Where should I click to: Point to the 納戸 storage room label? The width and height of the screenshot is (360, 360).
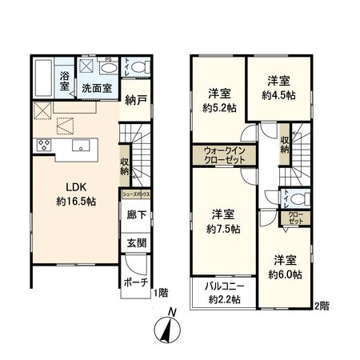[x=135, y=100]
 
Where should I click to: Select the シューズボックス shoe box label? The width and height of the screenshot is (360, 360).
[x=136, y=194]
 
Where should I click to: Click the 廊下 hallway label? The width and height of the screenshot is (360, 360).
[x=135, y=216]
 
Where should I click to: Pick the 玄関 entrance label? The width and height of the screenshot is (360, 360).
[x=135, y=242]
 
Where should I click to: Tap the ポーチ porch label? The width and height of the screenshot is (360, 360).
[x=134, y=282]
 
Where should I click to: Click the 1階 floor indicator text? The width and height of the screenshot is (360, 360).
[x=160, y=294]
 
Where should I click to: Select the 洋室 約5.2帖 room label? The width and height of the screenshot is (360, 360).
[x=219, y=98]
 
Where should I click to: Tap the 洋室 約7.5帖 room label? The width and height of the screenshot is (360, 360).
[x=225, y=221]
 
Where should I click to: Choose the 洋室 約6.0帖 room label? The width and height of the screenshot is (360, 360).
[x=283, y=266]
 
